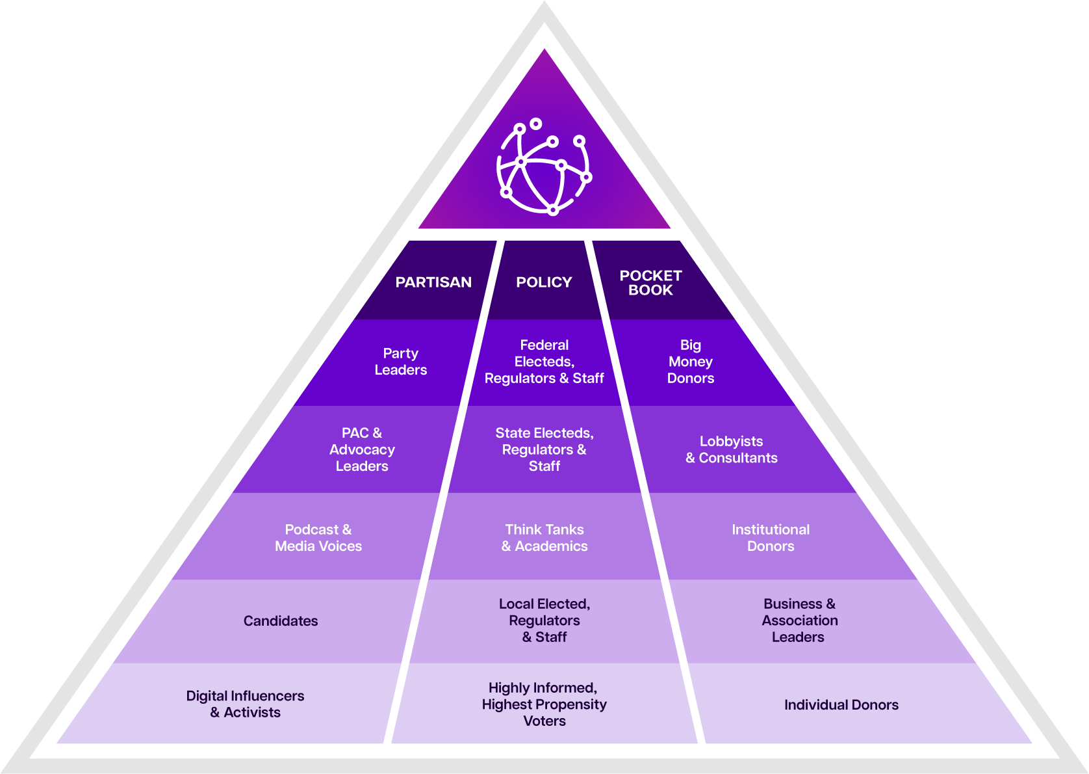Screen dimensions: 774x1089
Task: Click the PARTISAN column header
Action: (433, 282)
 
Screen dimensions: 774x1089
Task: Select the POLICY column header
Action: (544, 282)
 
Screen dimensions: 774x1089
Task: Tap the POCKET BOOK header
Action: (650, 283)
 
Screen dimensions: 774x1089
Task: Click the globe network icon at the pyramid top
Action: (544, 167)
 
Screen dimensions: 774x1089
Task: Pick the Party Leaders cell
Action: (401, 362)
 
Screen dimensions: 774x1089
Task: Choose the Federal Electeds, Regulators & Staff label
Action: (544, 362)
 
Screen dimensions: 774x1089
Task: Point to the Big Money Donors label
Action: (691, 362)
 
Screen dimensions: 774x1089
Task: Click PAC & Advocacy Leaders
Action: (362, 449)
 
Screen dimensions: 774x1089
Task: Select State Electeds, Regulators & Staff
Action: (544, 449)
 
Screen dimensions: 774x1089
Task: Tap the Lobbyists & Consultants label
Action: (732, 449)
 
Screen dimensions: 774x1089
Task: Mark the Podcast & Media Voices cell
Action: (318, 538)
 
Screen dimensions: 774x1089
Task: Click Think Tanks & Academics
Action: (544, 538)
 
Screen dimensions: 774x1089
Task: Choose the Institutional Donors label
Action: (771, 538)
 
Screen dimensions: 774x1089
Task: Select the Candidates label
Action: (281, 621)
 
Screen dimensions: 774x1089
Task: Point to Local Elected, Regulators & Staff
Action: (544, 621)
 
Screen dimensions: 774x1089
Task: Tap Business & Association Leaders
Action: (799, 621)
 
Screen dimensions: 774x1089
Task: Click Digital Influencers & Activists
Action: (246, 704)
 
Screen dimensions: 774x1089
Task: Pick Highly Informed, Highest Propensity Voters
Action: (544, 704)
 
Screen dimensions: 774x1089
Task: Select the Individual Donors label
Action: (841, 705)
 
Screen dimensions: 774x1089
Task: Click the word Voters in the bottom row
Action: (544, 721)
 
